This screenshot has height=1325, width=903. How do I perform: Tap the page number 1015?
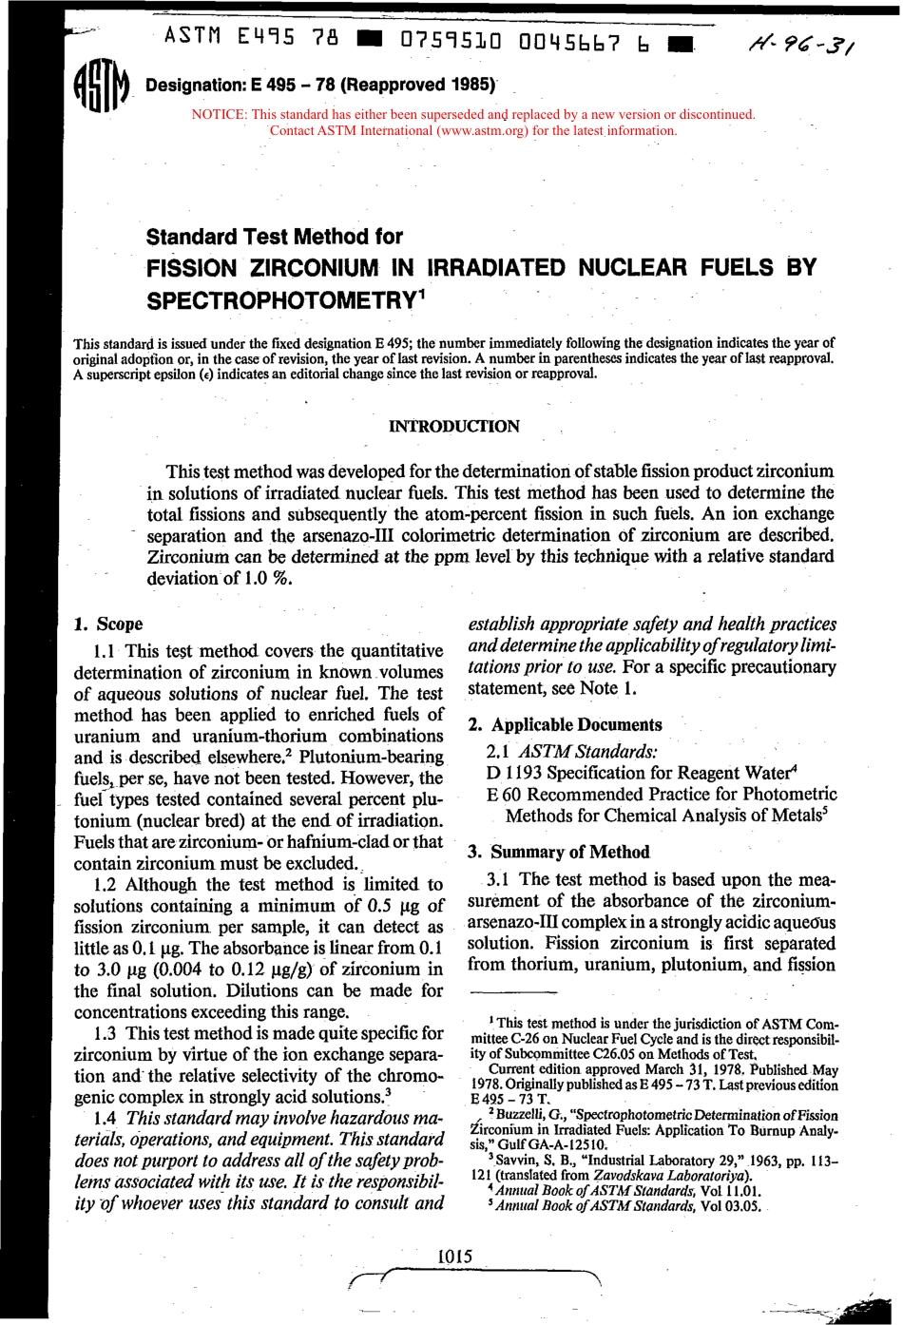tap(454, 1256)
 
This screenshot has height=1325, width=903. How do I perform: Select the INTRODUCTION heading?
tap(454, 426)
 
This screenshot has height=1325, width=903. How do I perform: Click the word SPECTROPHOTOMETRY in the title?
tap(280, 300)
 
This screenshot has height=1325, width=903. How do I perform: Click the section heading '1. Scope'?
tap(108, 624)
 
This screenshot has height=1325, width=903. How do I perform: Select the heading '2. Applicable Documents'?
tap(565, 724)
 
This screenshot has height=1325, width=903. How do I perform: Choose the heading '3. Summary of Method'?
tap(558, 852)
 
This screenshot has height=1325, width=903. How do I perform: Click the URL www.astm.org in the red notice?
tap(483, 130)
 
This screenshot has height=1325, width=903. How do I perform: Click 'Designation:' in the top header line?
tap(193, 86)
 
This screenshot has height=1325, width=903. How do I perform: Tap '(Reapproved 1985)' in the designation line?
tap(418, 85)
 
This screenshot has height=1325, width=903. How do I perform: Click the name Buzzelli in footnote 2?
tap(522, 1115)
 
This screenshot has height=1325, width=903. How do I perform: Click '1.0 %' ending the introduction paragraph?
tap(267, 578)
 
